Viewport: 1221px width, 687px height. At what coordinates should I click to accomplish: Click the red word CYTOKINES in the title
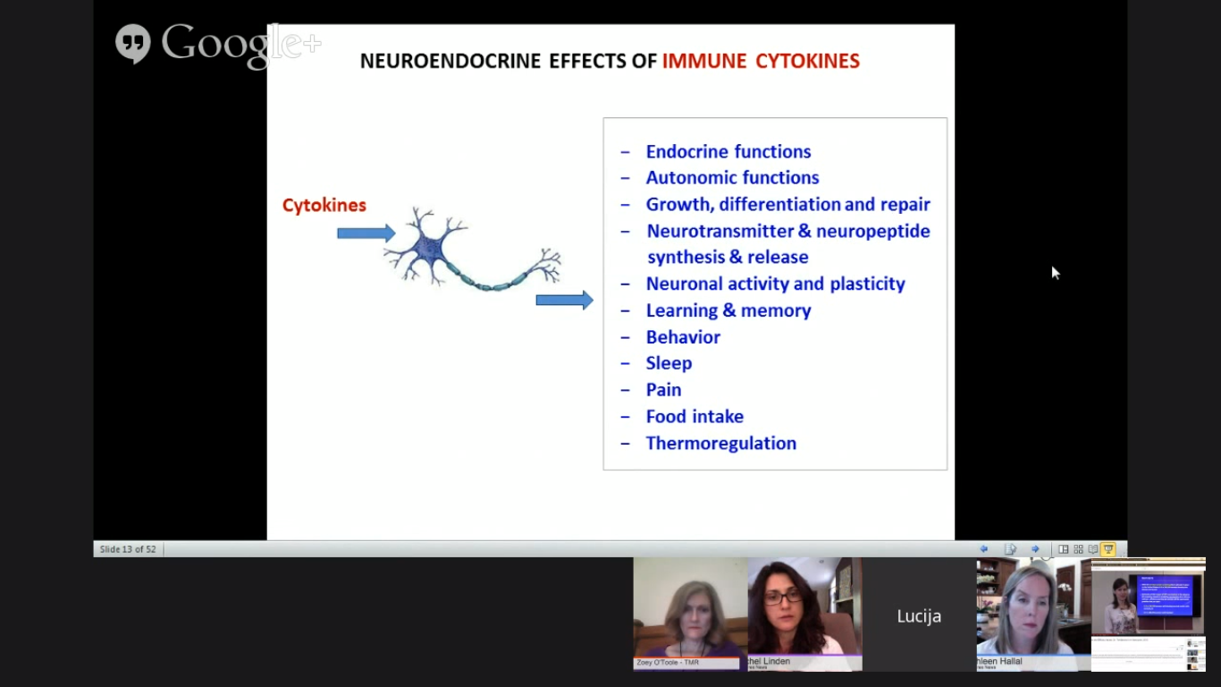(807, 61)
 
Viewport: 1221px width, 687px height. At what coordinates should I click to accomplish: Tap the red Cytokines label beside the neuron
(324, 205)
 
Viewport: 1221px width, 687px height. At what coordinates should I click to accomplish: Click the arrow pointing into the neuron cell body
(366, 233)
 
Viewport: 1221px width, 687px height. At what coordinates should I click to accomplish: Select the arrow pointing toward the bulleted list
(564, 300)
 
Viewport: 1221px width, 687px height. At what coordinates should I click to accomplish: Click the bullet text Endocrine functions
(728, 151)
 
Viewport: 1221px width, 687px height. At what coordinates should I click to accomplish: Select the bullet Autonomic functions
(732, 177)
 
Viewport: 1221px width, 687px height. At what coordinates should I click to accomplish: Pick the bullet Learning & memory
(728, 310)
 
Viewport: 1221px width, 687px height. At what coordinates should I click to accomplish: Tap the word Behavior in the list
(683, 336)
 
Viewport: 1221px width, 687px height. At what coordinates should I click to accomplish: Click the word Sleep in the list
(669, 362)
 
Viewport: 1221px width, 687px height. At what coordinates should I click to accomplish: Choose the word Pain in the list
(663, 389)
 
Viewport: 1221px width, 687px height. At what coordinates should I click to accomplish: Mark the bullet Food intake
(695, 416)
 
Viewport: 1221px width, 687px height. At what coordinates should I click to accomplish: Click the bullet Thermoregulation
(720, 443)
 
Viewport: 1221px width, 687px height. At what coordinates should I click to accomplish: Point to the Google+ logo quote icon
(132, 44)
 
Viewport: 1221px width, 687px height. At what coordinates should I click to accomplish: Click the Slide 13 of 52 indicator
(128, 549)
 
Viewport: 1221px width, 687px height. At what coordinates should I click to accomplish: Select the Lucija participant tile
(919, 615)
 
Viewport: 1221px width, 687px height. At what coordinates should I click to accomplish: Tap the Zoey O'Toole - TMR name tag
(667, 663)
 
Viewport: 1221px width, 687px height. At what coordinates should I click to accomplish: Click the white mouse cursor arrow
(1055, 273)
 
